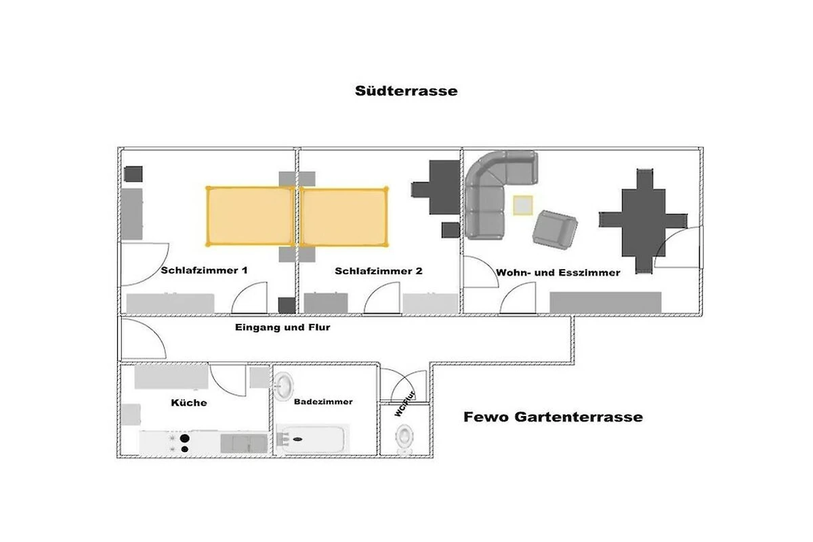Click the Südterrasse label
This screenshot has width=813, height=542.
(x=406, y=90)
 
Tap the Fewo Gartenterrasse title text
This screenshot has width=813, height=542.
(x=553, y=417)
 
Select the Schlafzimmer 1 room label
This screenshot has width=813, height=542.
(x=204, y=270)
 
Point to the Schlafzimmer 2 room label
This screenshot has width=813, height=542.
(x=378, y=271)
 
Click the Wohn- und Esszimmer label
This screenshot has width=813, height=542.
(x=558, y=272)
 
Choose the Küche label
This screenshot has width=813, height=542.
(x=189, y=402)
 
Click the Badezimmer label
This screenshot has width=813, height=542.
(x=323, y=402)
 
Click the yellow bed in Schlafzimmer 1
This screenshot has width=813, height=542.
(x=249, y=216)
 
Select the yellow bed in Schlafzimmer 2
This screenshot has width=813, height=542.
(x=343, y=216)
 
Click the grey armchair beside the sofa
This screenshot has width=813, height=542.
(x=554, y=228)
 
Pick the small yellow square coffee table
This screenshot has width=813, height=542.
(x=522, y=205)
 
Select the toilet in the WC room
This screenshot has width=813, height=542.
(x=404, y=436)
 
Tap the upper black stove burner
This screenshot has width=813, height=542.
(x=183, y=437)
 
